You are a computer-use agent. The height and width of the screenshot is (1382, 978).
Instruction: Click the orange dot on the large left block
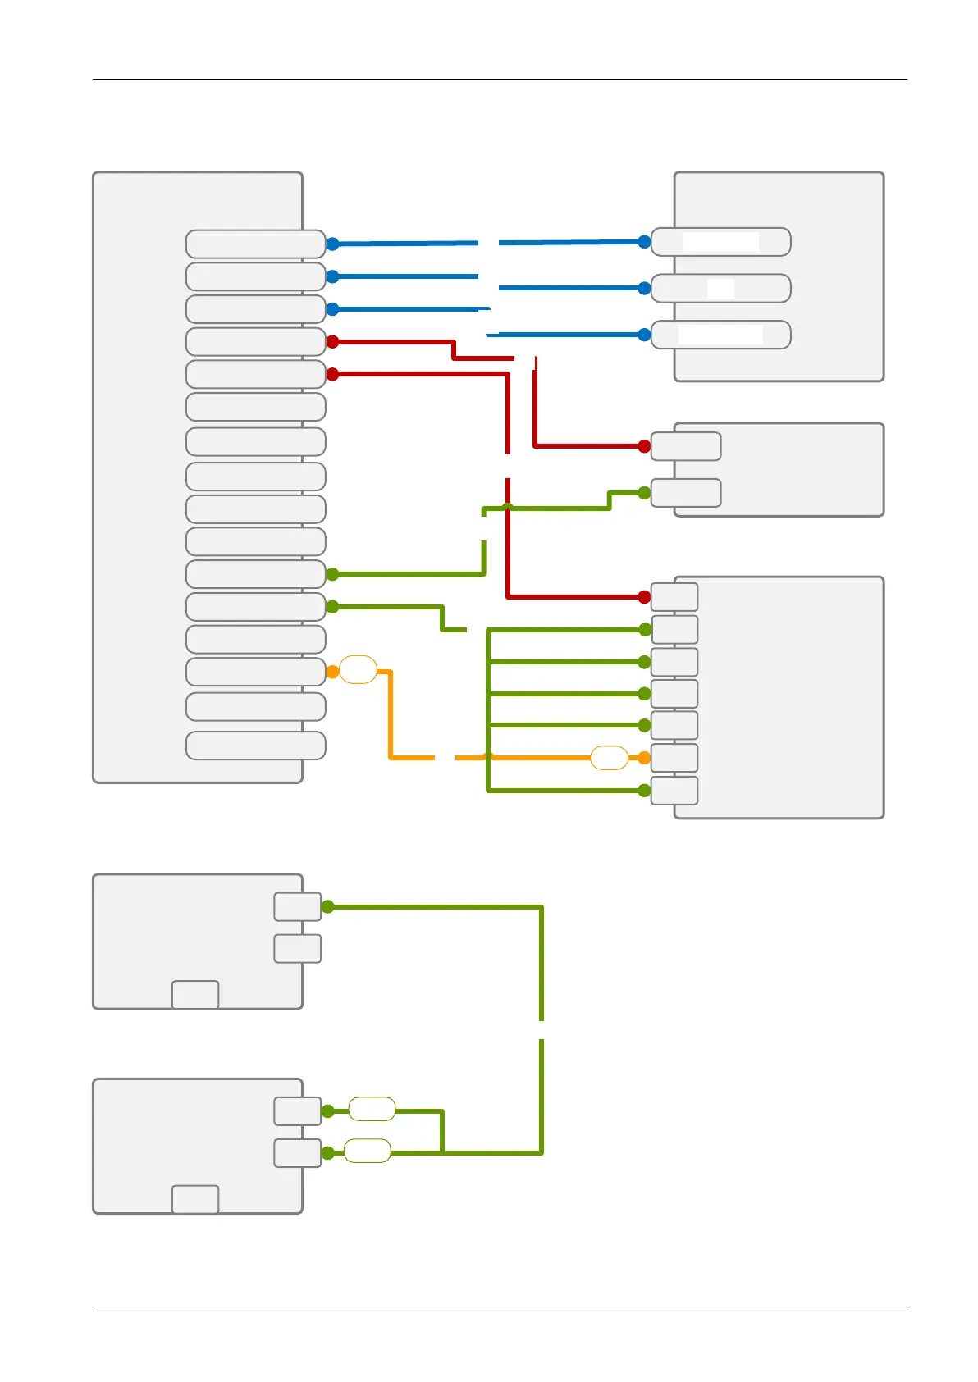point(332,672)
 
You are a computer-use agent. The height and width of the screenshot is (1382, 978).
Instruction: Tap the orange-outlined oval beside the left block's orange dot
point(358,670)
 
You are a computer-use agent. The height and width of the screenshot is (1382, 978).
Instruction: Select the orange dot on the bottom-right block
point(644,758)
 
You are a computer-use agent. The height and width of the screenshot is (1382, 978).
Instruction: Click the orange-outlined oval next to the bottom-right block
point(609,758)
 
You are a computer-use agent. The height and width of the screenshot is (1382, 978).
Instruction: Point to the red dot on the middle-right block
point(644,446)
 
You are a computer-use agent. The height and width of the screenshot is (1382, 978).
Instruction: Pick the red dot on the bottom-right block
point(644,597)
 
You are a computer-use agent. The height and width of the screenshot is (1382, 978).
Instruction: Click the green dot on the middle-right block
point(644,493)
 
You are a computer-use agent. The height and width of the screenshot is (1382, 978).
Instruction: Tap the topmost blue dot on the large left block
point(332,244)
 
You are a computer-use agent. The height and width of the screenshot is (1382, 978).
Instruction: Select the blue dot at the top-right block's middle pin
point(644,288)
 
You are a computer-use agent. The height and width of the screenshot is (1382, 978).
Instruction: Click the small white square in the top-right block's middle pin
point(720,288)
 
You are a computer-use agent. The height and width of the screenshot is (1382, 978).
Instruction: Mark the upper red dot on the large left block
point(332,341)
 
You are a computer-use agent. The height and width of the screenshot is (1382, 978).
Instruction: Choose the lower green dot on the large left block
point(332,607)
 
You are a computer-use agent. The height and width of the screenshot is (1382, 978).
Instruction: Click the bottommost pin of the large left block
point(255,746)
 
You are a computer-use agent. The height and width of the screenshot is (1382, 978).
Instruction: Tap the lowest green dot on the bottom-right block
point(644,791)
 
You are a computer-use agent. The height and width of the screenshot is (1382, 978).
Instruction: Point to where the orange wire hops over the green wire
point(488,757)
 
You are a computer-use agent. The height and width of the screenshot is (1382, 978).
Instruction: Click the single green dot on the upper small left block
point(327,906)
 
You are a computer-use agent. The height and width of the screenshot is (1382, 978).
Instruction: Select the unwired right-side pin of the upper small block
point(297,948)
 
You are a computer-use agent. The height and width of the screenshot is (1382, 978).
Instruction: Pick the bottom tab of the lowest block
point(195,1199)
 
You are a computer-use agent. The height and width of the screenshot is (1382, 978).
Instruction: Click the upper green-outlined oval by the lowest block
point(372,1110)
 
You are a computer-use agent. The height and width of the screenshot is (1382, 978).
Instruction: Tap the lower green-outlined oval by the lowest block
point(367,1151)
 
